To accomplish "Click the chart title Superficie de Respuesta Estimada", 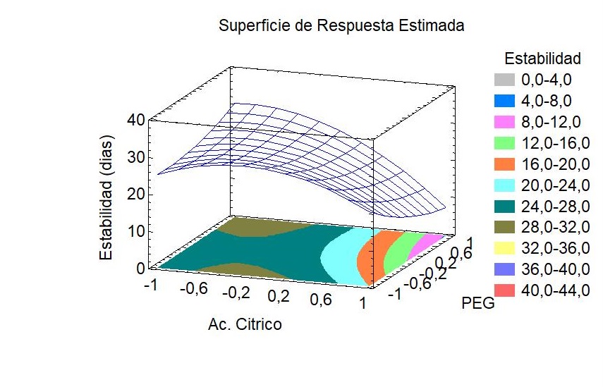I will click(x=341, y=27).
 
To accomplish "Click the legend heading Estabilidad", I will click(x=542, y=57).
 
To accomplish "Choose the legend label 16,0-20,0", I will click(x=556, y=166).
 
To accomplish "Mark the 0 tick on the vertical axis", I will click(x=141, y=268).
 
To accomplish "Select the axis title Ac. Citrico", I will click(x=245, y=324).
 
